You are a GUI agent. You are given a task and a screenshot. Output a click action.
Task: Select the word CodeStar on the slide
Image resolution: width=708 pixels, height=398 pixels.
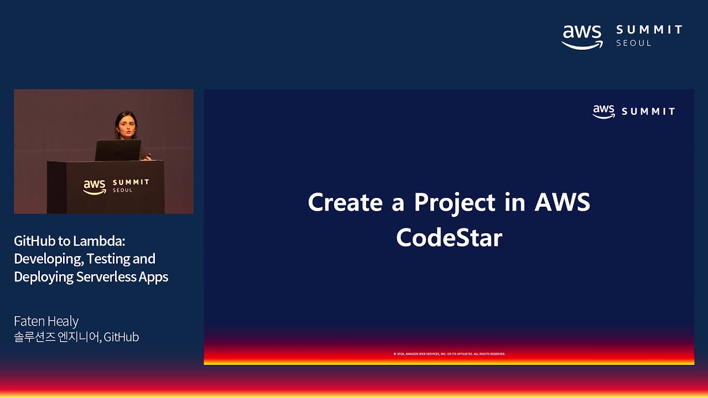pos(449,238)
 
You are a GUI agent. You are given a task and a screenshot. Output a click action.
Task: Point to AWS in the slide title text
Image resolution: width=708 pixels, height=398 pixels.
pos(562,202)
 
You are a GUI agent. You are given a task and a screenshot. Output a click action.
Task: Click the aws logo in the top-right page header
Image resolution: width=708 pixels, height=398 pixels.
pos(582,36)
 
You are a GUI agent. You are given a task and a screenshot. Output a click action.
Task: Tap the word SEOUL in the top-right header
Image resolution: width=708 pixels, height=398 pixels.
pos(634,43)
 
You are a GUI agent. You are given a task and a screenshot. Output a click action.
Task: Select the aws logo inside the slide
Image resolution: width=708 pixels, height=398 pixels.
pos(603,111)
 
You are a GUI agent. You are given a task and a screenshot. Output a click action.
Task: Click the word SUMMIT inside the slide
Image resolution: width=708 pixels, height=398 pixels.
pos(648,112)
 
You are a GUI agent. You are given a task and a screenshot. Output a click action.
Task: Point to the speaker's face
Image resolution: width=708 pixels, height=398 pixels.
pos(126,125)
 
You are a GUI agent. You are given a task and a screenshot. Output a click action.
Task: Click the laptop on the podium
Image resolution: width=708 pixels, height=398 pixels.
pos(118,150)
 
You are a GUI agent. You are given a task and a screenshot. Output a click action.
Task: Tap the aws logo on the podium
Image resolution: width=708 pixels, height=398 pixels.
pos(95,187)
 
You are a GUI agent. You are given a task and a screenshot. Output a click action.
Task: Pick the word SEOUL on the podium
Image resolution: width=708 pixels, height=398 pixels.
pos(123,190)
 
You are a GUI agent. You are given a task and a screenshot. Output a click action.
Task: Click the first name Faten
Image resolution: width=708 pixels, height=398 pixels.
pos(29,321)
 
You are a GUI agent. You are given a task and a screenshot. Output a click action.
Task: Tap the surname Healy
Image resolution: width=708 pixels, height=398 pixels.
pos(63,321)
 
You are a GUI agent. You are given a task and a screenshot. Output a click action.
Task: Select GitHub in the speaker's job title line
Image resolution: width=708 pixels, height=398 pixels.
pos(121,337)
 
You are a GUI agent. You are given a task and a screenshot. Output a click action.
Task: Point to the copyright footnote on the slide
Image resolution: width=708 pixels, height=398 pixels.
pos(449,354)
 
